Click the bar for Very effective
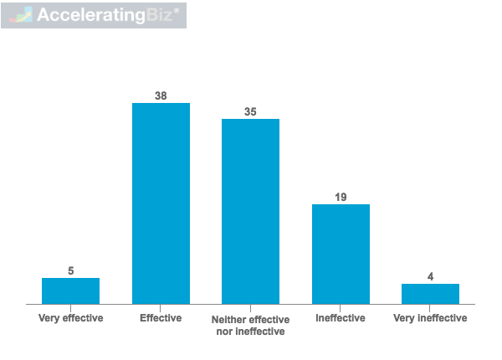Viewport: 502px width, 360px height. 70,291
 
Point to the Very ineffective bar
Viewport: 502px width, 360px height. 430,294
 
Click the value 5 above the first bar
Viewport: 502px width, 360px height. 71,271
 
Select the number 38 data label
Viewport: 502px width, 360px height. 161,96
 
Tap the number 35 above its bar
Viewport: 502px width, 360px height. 250,112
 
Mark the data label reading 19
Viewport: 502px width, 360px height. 341,198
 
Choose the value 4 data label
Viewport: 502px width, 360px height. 430,277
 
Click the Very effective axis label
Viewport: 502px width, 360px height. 70,318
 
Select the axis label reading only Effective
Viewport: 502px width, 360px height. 161,318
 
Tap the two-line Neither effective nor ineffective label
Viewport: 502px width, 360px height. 250,325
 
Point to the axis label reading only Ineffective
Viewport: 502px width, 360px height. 341,318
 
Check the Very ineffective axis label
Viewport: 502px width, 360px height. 430,318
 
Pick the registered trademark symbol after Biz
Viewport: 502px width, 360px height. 176,10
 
